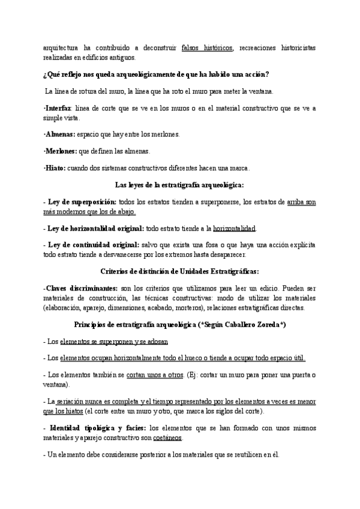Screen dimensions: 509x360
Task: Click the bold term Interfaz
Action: tap(59, 108)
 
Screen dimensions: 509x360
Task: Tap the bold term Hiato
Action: tap(55, 168)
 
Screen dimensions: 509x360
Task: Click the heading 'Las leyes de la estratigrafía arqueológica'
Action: tap(179, 185)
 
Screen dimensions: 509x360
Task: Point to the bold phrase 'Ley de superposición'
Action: tap(83, 203)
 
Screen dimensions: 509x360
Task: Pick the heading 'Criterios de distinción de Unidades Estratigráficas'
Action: tap(179, 271)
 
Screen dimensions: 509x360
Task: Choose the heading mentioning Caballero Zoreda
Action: tap(179, 324)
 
